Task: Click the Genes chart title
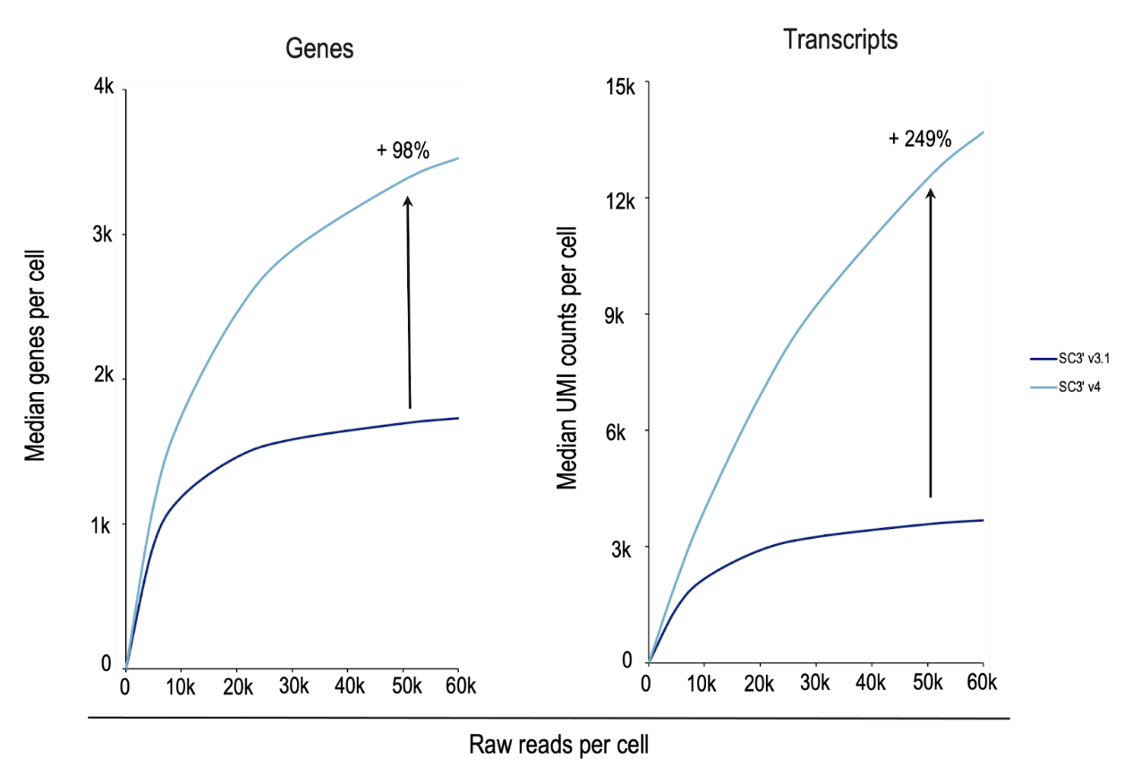click(x=319, y=49)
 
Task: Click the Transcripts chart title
click(x=839, y=39)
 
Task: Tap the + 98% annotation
click(x=403, y=150)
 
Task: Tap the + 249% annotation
click(x=919, y=139)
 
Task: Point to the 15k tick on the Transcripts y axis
click(x=620, y=88)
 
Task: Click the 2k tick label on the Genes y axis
click(x=104, y=378)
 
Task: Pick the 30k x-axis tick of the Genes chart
click(x=293, y=686)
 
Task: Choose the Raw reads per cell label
click(x=558, y=745)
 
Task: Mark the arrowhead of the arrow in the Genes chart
click(x=407, y=202)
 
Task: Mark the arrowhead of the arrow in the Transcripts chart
click(x=930, y=192)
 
